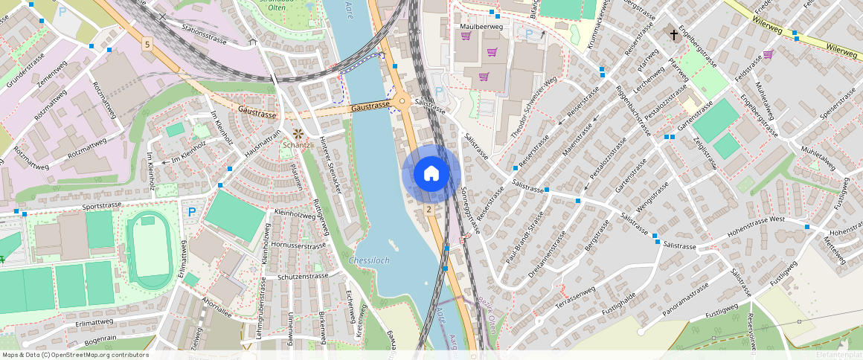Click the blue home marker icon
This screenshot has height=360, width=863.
tap(431, 174)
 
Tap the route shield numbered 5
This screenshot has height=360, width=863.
tap(147, 45)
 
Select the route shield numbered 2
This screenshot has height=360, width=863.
tap(429, 210)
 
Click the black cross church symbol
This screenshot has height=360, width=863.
tap(674, 35)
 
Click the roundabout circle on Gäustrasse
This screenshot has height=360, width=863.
tap(402, 102)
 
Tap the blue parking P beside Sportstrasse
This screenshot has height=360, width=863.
tap(192, 212)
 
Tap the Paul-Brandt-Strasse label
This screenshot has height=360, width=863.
tap(525, 238)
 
